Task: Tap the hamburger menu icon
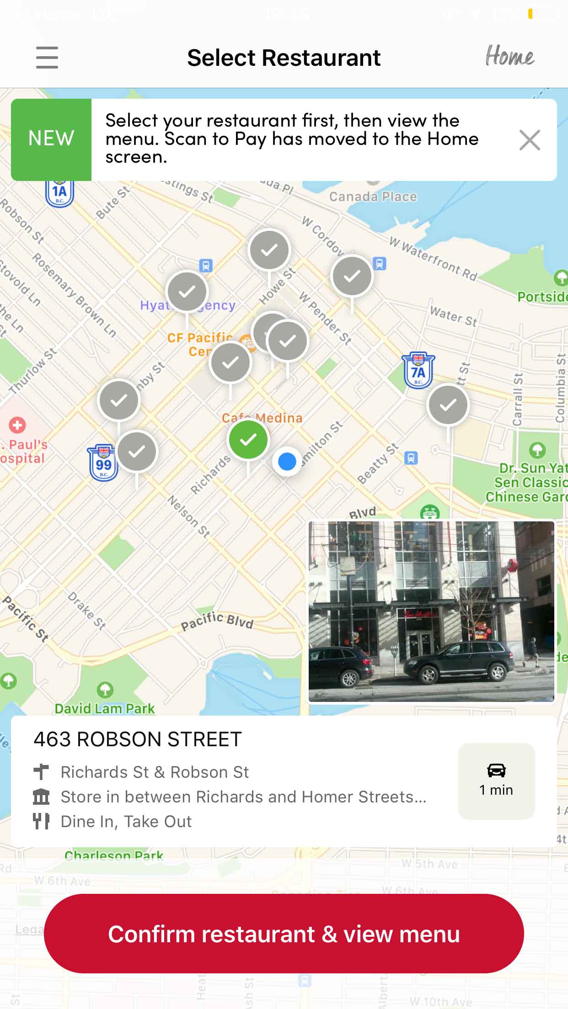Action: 47,58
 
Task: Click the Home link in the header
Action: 509,57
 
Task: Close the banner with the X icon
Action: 530,140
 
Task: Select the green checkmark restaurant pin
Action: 248,440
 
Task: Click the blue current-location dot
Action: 287,462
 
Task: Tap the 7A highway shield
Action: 418,371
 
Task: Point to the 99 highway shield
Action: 103,463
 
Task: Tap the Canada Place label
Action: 373,196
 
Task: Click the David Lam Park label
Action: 105,708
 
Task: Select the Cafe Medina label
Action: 262,417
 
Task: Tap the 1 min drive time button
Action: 496,781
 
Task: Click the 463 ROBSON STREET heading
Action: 138,739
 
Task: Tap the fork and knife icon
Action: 41,821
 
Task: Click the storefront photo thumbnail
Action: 431,611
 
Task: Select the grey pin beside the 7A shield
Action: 448,405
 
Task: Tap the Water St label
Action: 453,316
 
